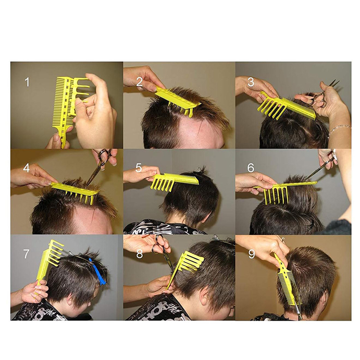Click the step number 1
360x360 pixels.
27,82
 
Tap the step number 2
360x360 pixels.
139,82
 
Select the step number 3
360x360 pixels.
251,82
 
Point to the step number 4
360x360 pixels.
26,168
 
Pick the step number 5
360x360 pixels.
139,168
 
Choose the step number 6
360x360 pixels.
251,168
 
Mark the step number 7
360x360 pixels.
26,254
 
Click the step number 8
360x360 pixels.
139,254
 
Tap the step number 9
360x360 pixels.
251,254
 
